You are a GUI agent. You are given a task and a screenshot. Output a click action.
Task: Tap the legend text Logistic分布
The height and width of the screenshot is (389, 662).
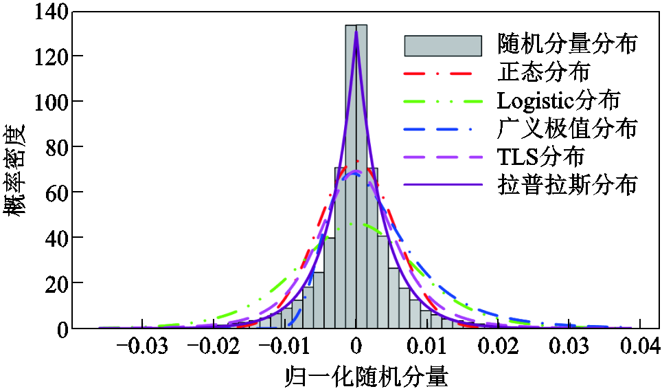(x=558, y=100)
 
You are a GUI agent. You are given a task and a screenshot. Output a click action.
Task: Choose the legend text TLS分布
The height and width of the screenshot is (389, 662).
(x=540, y=157)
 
